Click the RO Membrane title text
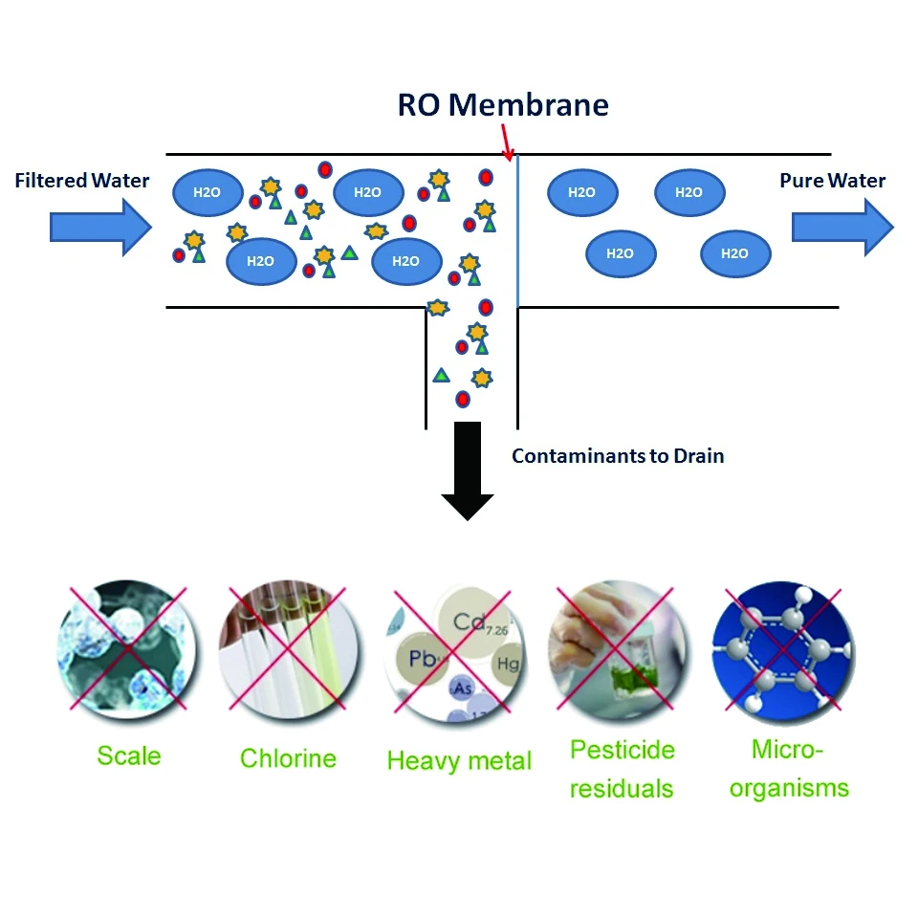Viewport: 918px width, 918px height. coord(503,105)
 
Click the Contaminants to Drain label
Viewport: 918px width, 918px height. coord(618,456)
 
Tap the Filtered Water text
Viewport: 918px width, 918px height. coord(82,181)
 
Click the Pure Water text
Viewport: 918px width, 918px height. coord(832,181)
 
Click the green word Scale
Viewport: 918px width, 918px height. coord(129,756)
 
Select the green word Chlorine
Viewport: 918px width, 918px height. coord(288,759)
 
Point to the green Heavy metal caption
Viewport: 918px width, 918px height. coord(459,761)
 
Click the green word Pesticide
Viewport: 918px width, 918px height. coord(622,749)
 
